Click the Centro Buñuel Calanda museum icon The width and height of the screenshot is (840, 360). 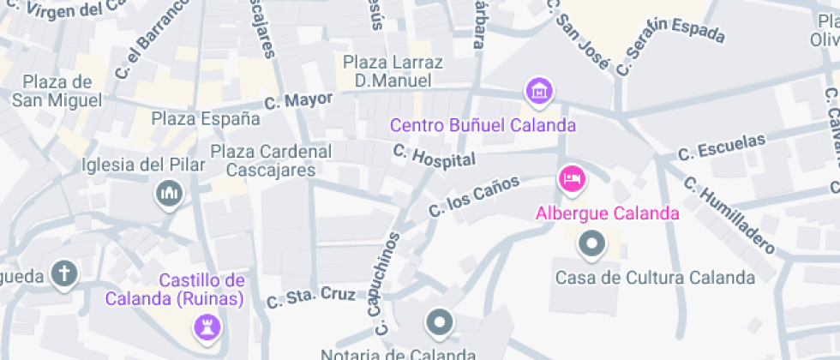539,90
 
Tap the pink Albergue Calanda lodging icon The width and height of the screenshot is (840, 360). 572,179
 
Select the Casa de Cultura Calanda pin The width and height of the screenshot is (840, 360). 591,245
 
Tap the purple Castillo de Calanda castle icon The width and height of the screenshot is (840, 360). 207,326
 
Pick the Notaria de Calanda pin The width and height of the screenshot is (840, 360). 440,323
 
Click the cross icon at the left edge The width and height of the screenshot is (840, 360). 63,274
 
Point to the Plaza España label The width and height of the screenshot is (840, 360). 206,118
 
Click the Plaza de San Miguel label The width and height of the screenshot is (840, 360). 57,91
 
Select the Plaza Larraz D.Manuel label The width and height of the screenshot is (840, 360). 393,72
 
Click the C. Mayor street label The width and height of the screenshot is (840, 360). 298,101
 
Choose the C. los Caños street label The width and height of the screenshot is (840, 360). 474,195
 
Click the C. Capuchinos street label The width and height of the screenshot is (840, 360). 387,283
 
